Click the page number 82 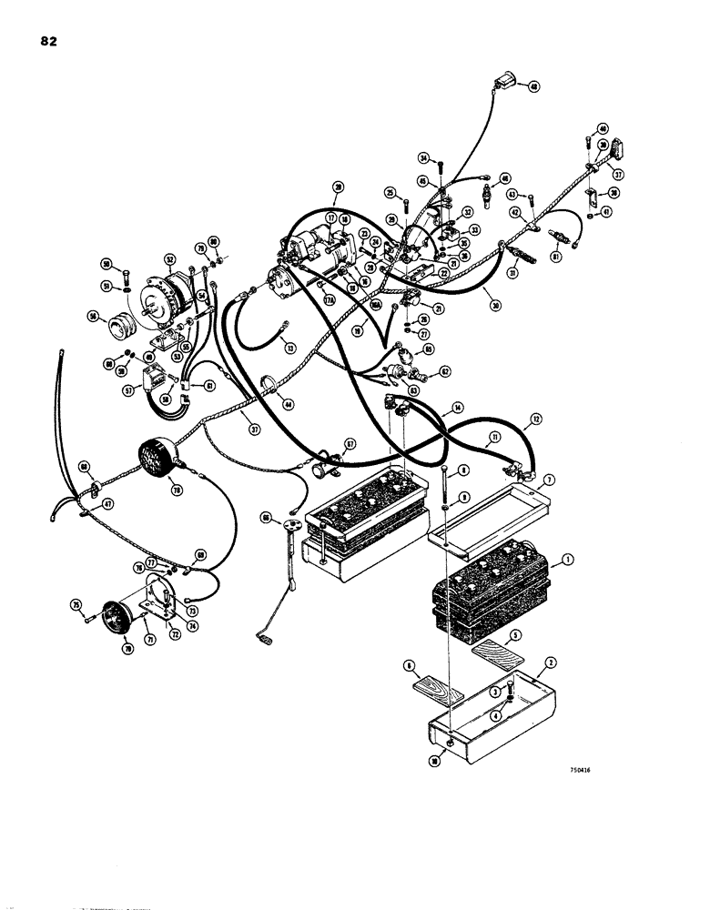(x=47, y=42)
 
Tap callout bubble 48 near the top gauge (x=532, y=88)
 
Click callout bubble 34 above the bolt (x=423, y=158)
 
